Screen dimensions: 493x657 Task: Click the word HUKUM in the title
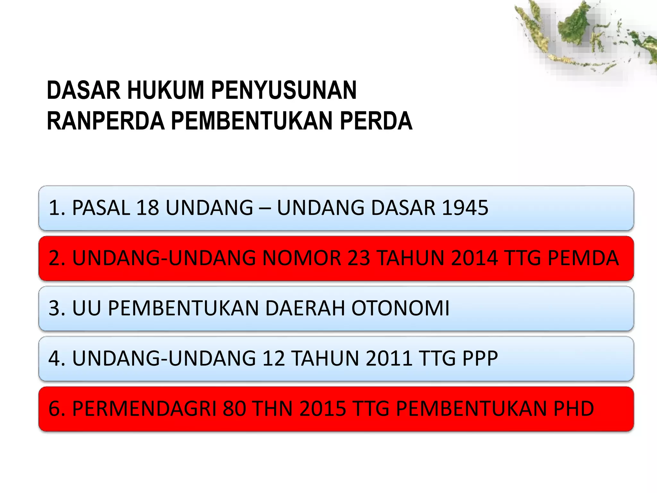pyautogui.click(x=166, y=90)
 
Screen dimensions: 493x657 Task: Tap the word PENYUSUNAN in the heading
pyautogui.click(x=284, y=90)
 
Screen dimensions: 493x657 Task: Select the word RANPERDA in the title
pyautogui.click(x=106, y=121)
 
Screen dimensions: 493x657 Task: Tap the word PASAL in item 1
pyautogui.click(x=101, y=208)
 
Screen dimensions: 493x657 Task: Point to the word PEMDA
pyautogui.click(x=583, y=258)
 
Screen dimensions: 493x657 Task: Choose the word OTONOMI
pyautogui.click(x=400, y=308)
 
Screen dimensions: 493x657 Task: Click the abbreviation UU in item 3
pyautogui.click(x=87, y=308)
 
